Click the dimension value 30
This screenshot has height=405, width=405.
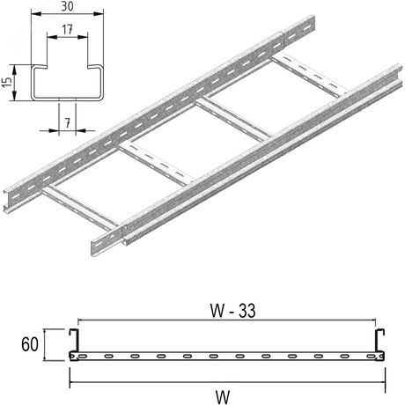click(x=68, y=8)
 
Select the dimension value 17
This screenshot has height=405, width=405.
click(x=68, y=29)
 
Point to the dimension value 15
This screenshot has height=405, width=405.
click(x=7, y=82)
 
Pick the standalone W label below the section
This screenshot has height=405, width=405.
click(x=229, y=393)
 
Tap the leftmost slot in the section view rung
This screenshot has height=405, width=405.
click(x=87, y=357)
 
